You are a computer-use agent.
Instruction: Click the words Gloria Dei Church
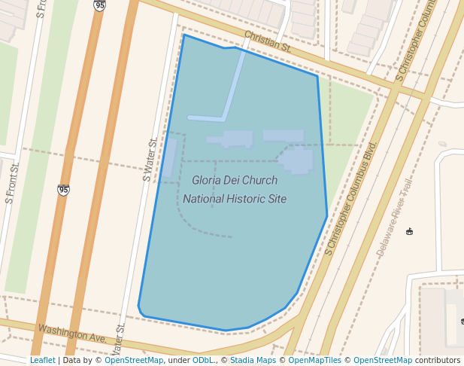(234, 181)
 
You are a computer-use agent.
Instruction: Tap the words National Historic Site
(234, 199)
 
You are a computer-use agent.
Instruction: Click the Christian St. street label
(267, 41)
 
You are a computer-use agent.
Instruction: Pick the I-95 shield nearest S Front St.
(63, 190)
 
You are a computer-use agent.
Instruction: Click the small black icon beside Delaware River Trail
(409, 231)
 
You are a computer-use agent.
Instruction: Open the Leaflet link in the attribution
(42, 360)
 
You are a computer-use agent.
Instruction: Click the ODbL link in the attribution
(202, 360)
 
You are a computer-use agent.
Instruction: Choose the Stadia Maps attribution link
(253, 360)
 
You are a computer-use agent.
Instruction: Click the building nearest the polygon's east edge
(298, 160)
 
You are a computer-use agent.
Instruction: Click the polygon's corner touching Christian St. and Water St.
(183, 35)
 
